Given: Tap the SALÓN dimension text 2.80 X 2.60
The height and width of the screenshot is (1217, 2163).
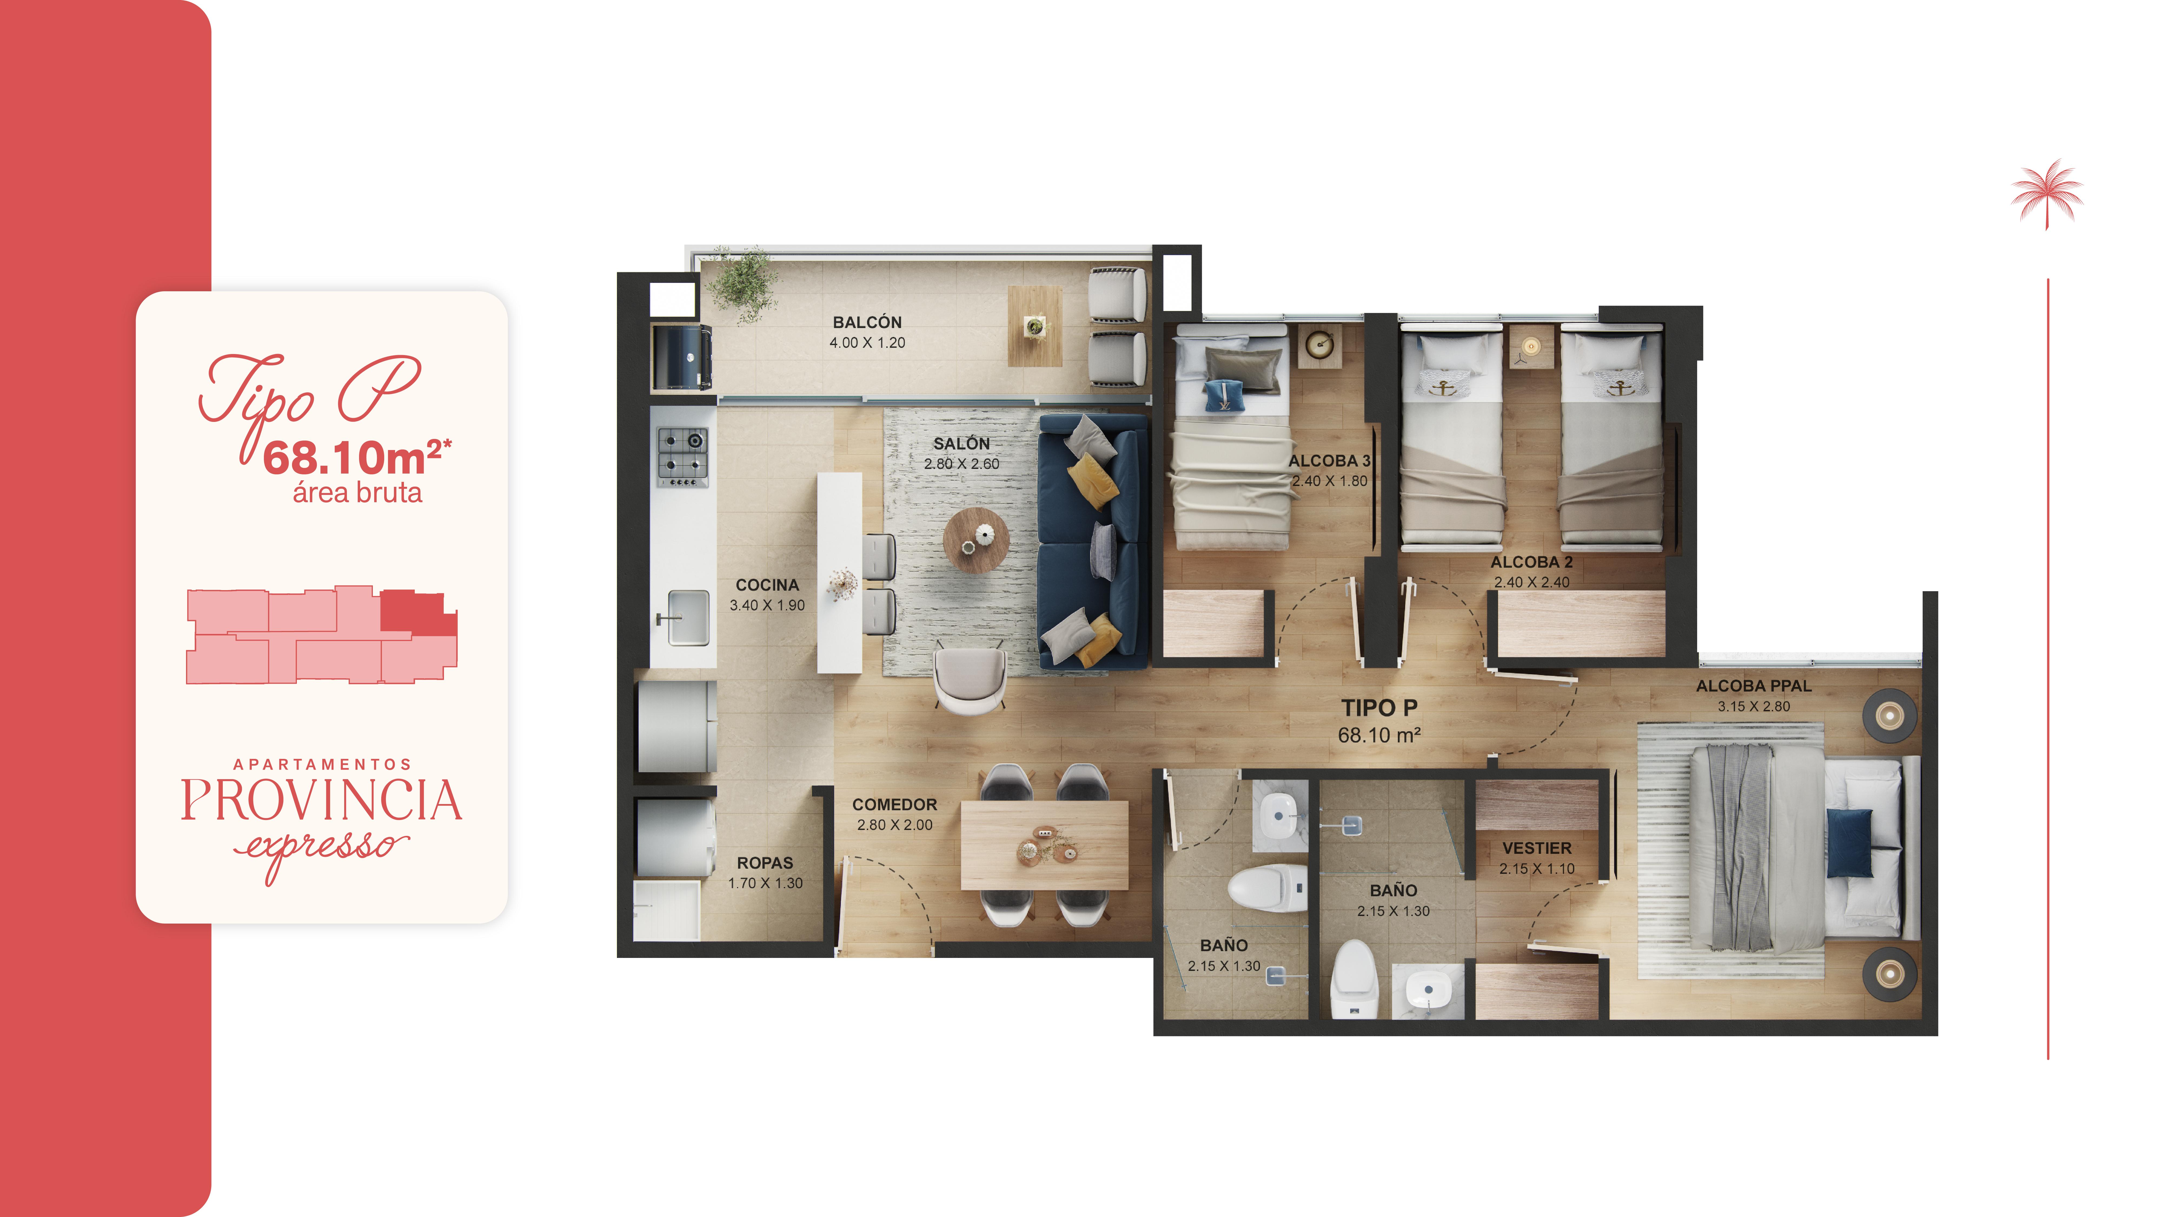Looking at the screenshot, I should pyautogui.click(x=961, y=464).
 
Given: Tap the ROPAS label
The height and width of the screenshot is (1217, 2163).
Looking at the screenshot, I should pyautogui.click(x=764, y=862).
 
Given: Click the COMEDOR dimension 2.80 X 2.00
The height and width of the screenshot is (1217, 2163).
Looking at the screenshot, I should pyautogui.click(x=894, y=825).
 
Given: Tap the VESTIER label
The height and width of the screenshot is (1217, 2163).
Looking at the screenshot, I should pyautogui.click(x=1537, y=848).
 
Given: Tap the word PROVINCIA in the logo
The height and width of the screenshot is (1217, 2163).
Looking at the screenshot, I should pyautogui.click(x=321, y=801).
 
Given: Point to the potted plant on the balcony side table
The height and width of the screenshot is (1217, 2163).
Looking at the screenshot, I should pyautogui.click(x=1035, y=327).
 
